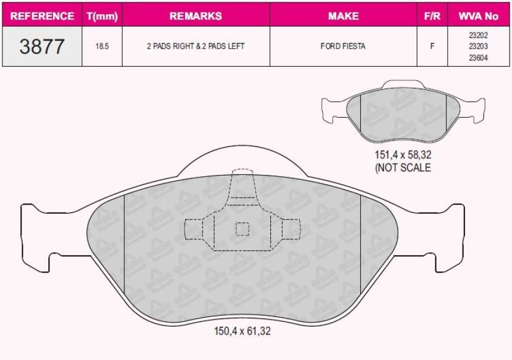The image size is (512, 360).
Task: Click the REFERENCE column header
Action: tap(42, 16)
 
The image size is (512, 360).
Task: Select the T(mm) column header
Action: tap(102, 16)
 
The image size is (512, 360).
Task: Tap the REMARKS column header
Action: tap(195, 16)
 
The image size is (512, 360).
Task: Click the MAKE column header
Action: tap(344, 16)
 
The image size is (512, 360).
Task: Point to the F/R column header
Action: tap(432, 16)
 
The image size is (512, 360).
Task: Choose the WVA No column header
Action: tap(478, 16)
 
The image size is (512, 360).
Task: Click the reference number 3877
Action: tap(42, 46)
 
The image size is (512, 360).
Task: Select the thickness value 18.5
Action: tap(102, 46)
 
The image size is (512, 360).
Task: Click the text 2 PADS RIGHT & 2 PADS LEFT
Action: tap(195, 46)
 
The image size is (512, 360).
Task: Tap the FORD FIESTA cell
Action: tap(344, 46)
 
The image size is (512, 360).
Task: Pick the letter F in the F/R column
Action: tap(432, 46)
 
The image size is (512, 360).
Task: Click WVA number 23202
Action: tap(478, 35)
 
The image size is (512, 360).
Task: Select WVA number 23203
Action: tap(478, 46)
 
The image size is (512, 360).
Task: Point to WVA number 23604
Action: tap(478, 57)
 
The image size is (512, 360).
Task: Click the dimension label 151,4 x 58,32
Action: tap(402, 155)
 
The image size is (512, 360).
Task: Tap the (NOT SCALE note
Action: tap(402, 168)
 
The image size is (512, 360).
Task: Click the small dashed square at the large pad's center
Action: tap(242, 228)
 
